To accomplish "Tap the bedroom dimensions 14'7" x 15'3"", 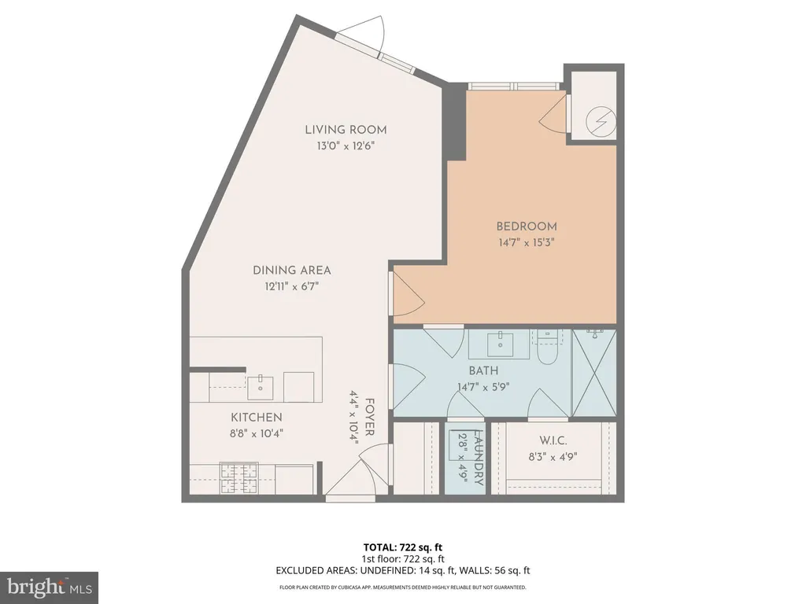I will point(527,243).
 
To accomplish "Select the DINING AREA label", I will point(291,270).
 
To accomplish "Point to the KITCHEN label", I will point(256,417).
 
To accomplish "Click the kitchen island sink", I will point(261,385).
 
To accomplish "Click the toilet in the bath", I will point(548,346).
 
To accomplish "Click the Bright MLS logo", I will point(49,586).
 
